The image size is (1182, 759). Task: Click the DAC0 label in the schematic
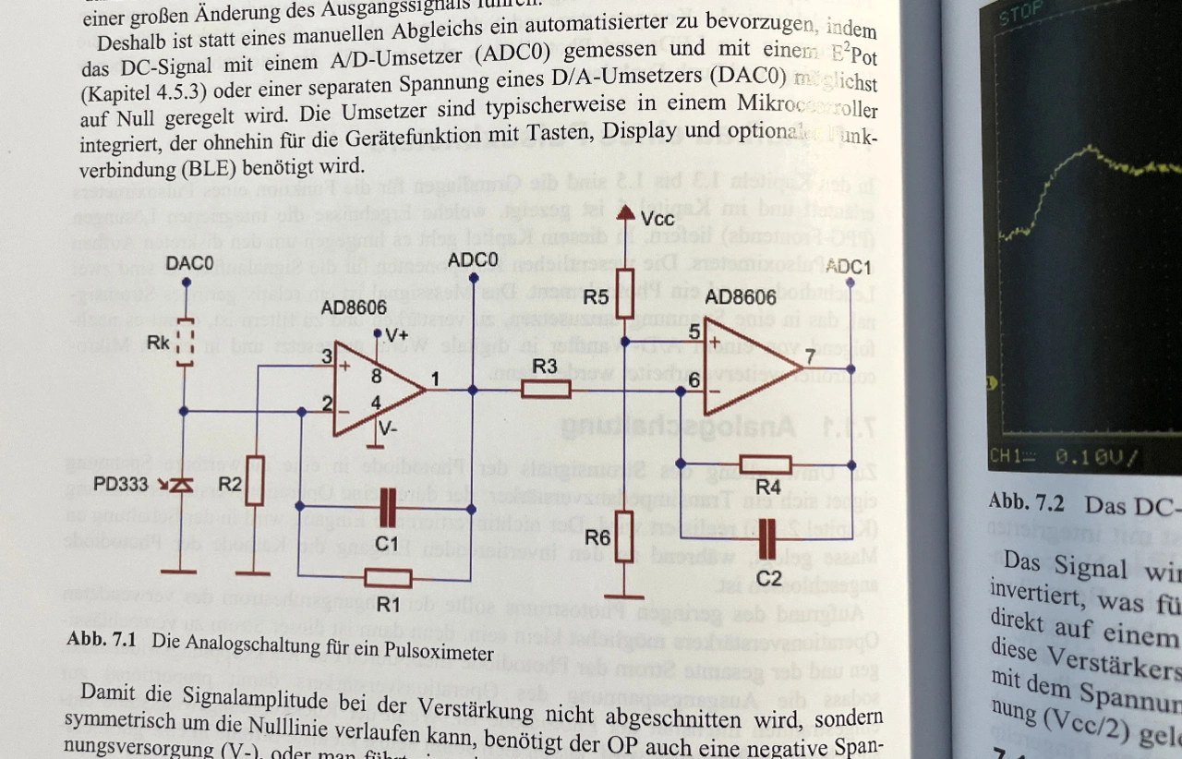189,264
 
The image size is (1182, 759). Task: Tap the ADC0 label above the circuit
472,260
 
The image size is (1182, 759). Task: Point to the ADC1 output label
848,267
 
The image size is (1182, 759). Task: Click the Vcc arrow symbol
625,216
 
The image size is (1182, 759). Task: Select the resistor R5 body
625,294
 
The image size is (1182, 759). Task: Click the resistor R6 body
624,536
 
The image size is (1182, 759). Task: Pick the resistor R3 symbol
546,390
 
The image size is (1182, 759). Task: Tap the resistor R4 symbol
766,464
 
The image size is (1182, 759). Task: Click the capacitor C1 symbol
388,507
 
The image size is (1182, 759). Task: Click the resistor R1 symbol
388,579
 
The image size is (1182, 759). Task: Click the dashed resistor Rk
185,343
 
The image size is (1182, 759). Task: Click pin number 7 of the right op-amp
809,356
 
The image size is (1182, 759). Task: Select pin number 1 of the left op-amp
435,379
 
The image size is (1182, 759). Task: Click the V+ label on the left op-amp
393,336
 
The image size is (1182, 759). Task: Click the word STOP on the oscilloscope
1020,10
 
